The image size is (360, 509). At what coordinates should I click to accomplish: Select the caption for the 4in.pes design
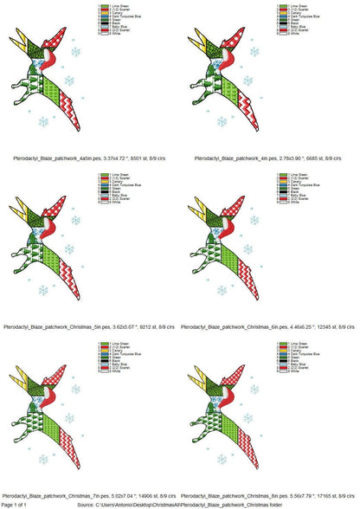tap(269, 160)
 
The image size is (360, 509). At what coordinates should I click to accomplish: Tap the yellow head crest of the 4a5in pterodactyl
tap(21, 43)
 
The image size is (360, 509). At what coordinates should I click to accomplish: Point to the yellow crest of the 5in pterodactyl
tap(21, 211)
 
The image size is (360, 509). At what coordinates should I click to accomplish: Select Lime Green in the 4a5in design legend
tap(118, 6)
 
